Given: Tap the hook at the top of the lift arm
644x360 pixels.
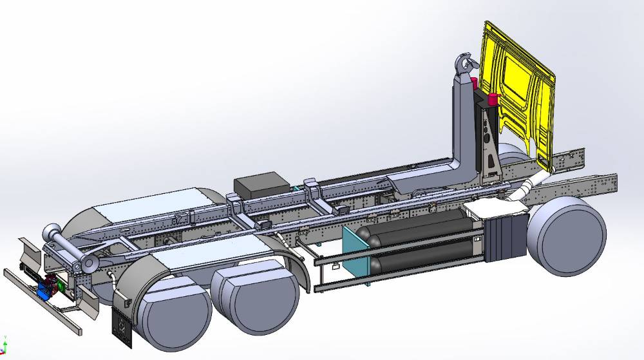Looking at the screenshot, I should pos(464,64).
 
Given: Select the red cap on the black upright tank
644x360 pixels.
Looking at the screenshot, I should pos(494,99).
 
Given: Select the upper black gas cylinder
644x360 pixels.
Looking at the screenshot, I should pos(419,225).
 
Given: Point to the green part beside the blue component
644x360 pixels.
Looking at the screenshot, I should pos(61,284).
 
